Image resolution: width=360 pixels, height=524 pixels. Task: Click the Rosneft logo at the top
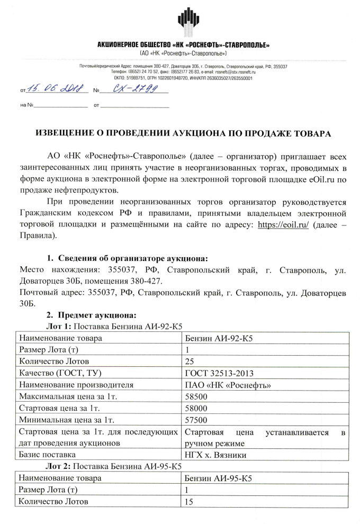(x=188, y=20)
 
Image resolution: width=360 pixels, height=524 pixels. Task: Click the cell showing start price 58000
(x=196, y=408)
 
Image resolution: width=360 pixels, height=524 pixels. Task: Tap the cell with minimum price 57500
(x=196, y=420)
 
